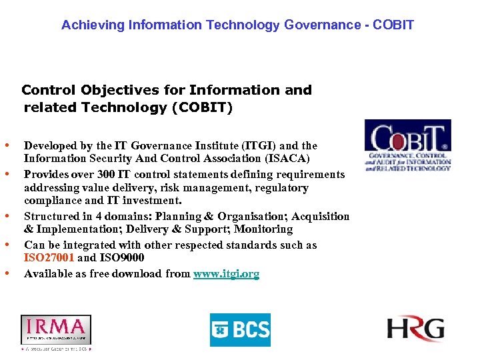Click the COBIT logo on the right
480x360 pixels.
(x=407, y=145)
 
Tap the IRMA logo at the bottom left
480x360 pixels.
(x=55, y=329)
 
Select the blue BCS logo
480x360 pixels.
(x=240, y=329)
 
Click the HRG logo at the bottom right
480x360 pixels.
(x=415, y=329)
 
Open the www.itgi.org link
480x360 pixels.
(x=226, y=273)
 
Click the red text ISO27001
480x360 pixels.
(x=49, y=258)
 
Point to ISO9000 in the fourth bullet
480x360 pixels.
(x=121, y=258)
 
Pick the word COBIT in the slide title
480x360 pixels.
(x=393, y=25)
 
